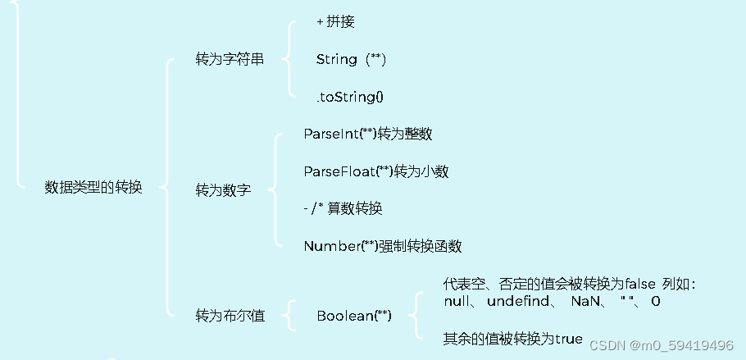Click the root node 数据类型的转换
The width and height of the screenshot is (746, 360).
click(93, 187)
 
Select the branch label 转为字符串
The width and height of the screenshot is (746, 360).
click(230, 59)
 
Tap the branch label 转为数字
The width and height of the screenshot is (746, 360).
click(223, 190)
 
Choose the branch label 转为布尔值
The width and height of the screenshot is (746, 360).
click(230, 315)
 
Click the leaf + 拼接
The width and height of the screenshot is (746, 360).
click(335, 22)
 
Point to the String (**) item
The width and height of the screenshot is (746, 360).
click(351, 59)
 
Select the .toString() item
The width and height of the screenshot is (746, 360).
click(350, 97)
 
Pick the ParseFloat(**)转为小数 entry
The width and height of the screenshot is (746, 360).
click(375, 171)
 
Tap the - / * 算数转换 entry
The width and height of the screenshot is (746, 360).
click(343, 208)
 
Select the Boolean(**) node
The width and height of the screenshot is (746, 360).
click(354, 316)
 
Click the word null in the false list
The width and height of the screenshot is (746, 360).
click(456, 302)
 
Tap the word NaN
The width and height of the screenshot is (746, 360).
click(586, 302)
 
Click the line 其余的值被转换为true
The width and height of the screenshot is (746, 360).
click(512, 338)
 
